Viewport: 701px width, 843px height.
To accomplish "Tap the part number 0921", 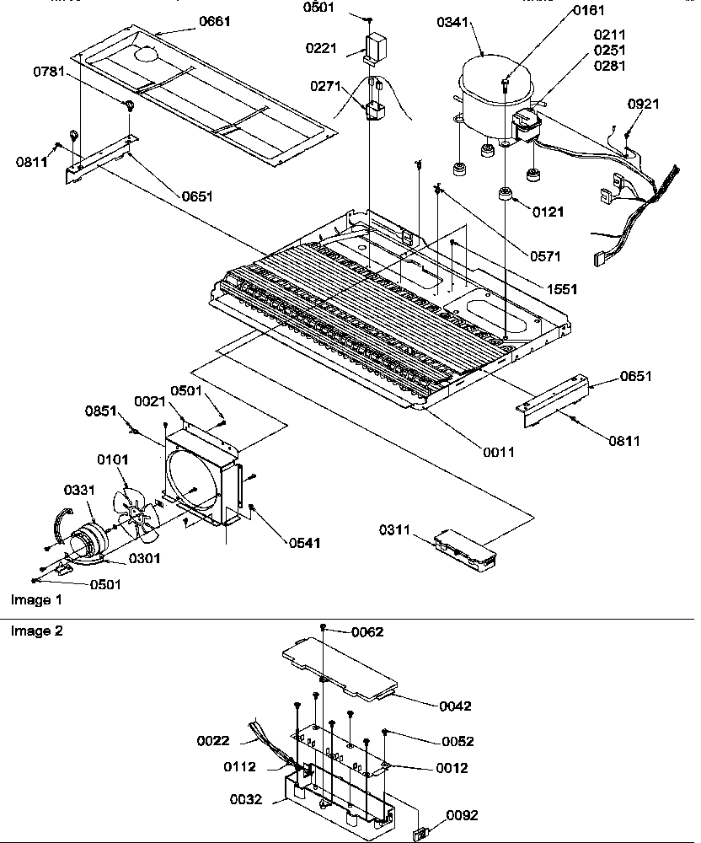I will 645,104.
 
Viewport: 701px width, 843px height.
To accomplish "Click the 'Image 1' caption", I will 35,600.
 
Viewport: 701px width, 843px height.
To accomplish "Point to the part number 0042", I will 454,706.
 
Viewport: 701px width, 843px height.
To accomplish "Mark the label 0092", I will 462,815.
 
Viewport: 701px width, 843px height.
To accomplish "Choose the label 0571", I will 546,256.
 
